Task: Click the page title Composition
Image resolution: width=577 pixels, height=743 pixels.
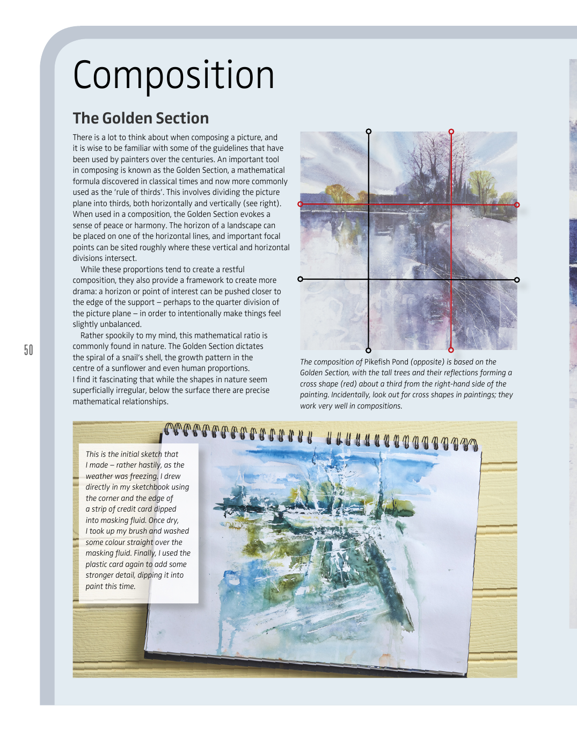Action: click(x=173, y=76)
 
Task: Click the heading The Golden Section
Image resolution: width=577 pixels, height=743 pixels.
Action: click(x=141, y=118)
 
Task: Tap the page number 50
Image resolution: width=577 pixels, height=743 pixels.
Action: click(x=28, y=350)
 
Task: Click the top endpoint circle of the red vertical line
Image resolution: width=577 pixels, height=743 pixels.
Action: click(x=451, y=132)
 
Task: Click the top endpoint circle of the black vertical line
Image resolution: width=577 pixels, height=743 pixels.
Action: click(x=368, y=131)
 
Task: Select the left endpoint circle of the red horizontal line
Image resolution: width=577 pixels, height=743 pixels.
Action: click(x=300, y=204)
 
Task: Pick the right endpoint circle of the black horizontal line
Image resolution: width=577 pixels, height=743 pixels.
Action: click(x=517, y=280)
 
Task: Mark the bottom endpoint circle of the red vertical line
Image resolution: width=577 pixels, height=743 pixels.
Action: click(x=451, y=350)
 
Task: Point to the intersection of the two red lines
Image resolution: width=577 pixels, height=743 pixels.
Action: click(x=451, y=205)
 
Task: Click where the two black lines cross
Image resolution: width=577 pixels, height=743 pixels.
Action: click(x=368, y=279)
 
